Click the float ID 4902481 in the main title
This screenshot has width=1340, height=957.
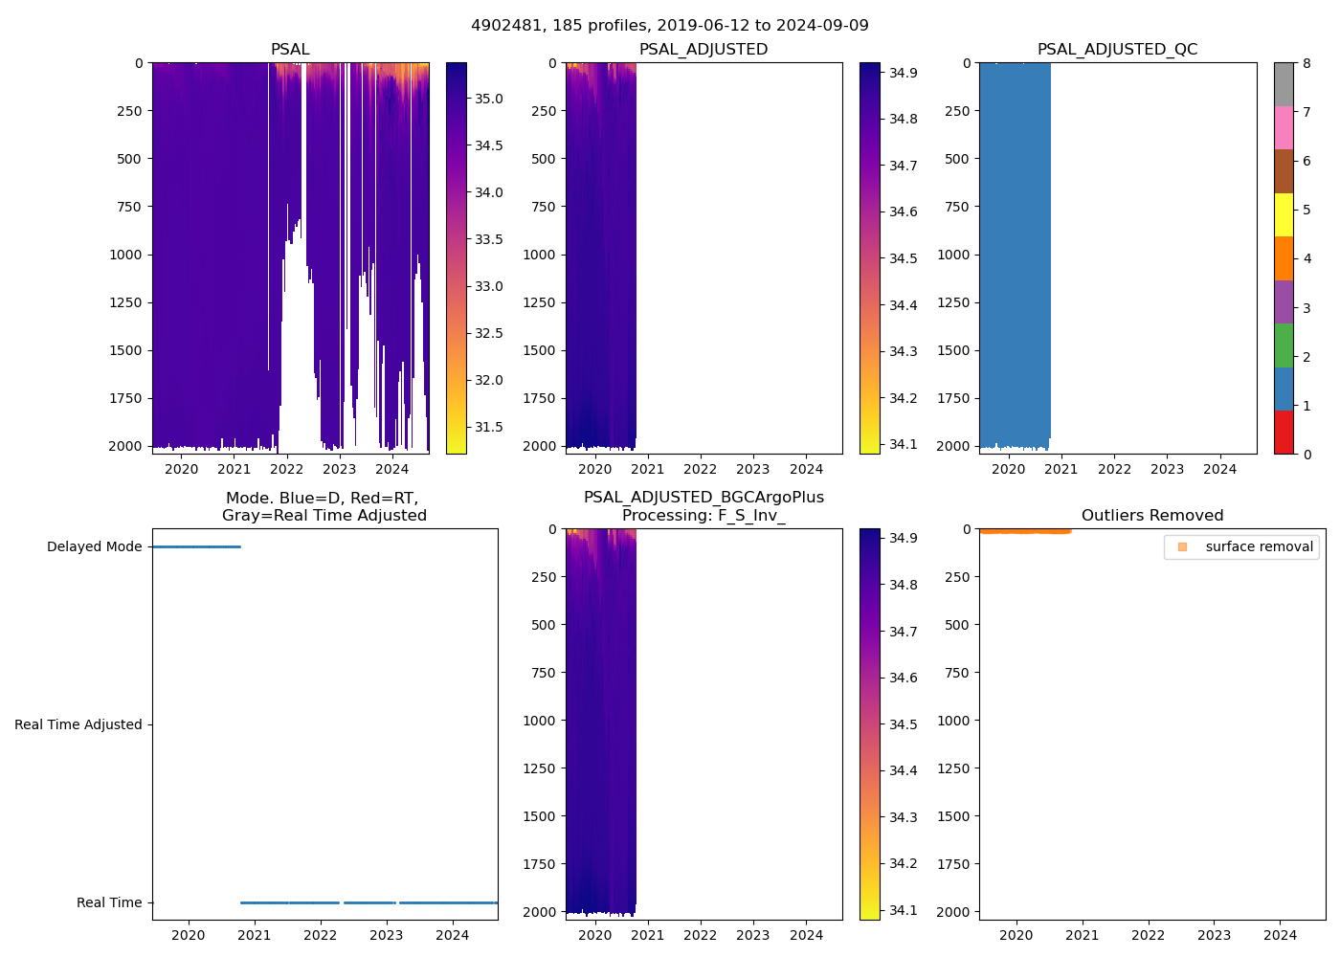[x=502, y=26]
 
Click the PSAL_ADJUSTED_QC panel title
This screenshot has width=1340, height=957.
[x=1117, y=49]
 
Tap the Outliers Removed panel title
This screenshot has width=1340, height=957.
[x=1151, y=515]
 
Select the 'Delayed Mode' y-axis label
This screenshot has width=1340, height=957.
[x=94, y=546]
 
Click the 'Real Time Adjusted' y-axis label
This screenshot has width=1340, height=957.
[x=78, y=724]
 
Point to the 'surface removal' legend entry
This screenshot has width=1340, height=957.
[x=1259, y=546]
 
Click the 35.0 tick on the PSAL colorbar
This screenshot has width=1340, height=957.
[x=489, y=99]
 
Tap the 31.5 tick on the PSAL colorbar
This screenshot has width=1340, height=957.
[x=489, y=427]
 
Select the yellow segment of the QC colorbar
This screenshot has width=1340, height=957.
[x=1284, y=214]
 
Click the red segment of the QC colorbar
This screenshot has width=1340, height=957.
[x=1284, y=433]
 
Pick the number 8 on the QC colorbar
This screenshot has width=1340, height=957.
[x=1306, y=63]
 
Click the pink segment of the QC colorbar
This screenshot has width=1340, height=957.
[x=1284, y=127]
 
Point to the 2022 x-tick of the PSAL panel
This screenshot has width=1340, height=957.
[x=286, y=469]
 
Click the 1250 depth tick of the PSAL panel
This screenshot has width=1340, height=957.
[x=125, y=302]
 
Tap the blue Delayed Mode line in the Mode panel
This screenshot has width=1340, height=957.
[x=196, y=546]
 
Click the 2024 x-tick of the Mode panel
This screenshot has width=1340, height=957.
[x=453, y=935]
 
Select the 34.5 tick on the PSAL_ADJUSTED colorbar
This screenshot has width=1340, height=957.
[x=903, y=258]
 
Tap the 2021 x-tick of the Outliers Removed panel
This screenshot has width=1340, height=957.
[x=1082, y=935]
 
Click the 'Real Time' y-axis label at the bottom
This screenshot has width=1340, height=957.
[x=109, y=902]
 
